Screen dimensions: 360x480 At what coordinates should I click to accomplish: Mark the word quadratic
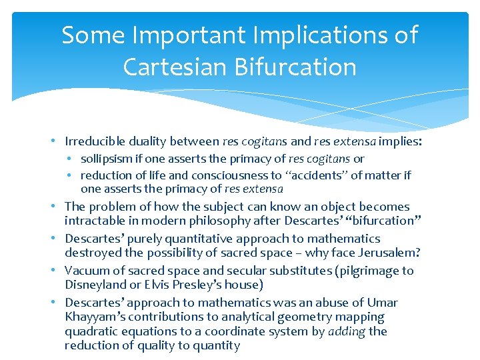click(x=90, y=331)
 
